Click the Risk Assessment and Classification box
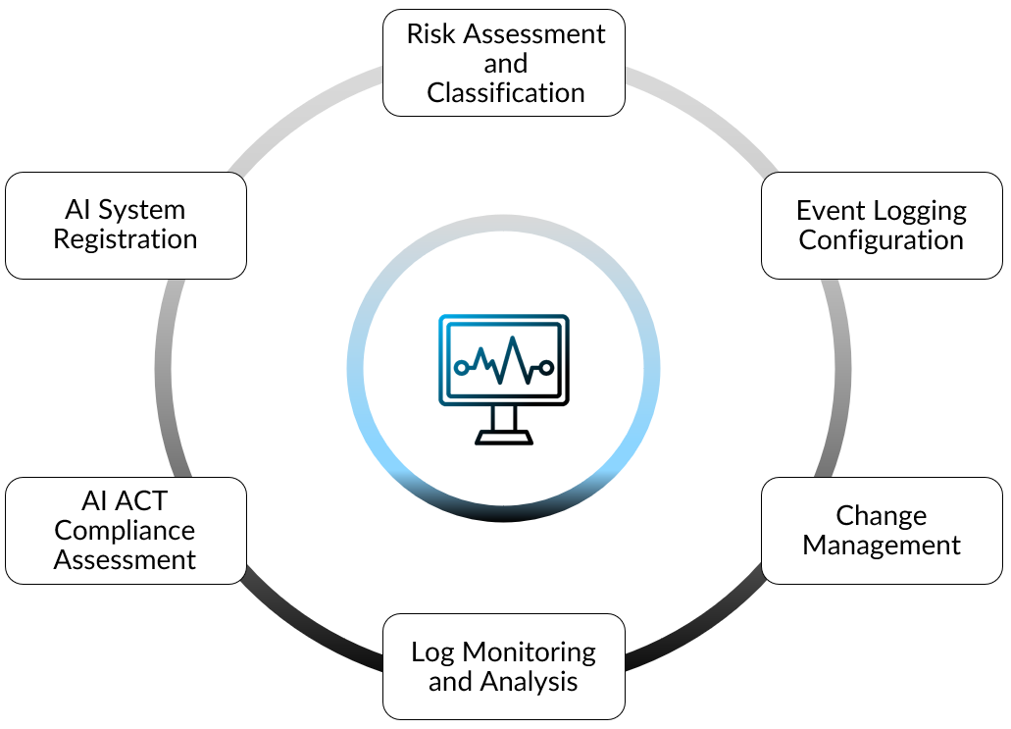(x=504, y=63)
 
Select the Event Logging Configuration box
(x=882, y=226)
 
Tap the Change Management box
(x=882, y=531)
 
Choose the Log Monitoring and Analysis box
(x=504, y=666)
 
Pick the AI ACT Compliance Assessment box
(x=126, y=531)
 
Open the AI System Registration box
(x=126, y=226)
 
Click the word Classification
(x=506, y=93)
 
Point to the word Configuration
(x=882, y=240)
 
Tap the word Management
(x=882, y=546)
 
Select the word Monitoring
(x=529, y=651)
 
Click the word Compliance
(x=125, y=531)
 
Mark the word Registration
(x=126, y=239)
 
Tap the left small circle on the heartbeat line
(x=461, y=367)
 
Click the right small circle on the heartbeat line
(x=547, y=367)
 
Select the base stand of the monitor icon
(x=504, y=438)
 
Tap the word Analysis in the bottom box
(x=529, y=681)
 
